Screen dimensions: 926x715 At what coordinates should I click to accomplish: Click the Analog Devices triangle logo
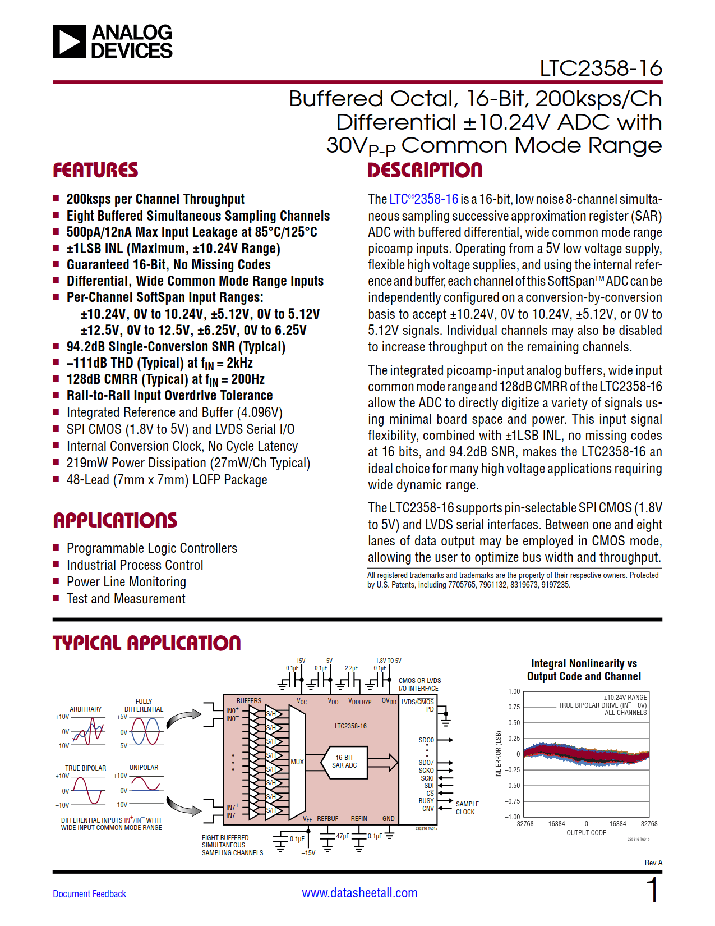[70, 42]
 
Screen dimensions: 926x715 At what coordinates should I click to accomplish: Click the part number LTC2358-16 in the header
[600, 68]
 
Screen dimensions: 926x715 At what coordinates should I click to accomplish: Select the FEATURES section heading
[95, 170]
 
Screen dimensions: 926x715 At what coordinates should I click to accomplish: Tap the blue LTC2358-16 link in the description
[423, 199]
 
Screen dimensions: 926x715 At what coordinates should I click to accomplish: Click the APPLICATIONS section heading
[115, 520]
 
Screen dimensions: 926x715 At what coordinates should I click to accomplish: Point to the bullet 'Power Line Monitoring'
[126, 582]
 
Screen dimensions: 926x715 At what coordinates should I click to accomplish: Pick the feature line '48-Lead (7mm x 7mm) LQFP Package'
[167, 480]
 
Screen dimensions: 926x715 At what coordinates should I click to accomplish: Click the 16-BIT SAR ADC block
[344, 762]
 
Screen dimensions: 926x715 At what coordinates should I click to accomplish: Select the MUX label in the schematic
[297, 762]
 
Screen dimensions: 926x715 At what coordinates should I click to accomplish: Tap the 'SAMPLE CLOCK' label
[467, 808]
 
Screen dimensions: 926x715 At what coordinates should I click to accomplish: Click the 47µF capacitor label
[343, 836]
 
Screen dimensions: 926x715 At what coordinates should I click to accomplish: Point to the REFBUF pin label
[327, 819]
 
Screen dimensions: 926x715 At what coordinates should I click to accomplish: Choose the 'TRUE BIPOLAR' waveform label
[85, 768]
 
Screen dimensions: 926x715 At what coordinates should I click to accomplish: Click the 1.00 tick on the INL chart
[514, 691]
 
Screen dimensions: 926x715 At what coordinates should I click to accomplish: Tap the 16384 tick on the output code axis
[617, 824]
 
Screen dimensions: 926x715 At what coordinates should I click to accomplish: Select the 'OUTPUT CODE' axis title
[586, 833]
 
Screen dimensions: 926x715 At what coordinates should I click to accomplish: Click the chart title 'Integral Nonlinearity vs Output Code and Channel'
[584, 670]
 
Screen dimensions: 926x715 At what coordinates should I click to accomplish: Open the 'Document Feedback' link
[89, 894]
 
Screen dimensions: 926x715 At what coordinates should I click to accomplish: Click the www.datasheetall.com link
[359, 893]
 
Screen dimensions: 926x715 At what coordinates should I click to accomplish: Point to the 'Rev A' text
[653, 863]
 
